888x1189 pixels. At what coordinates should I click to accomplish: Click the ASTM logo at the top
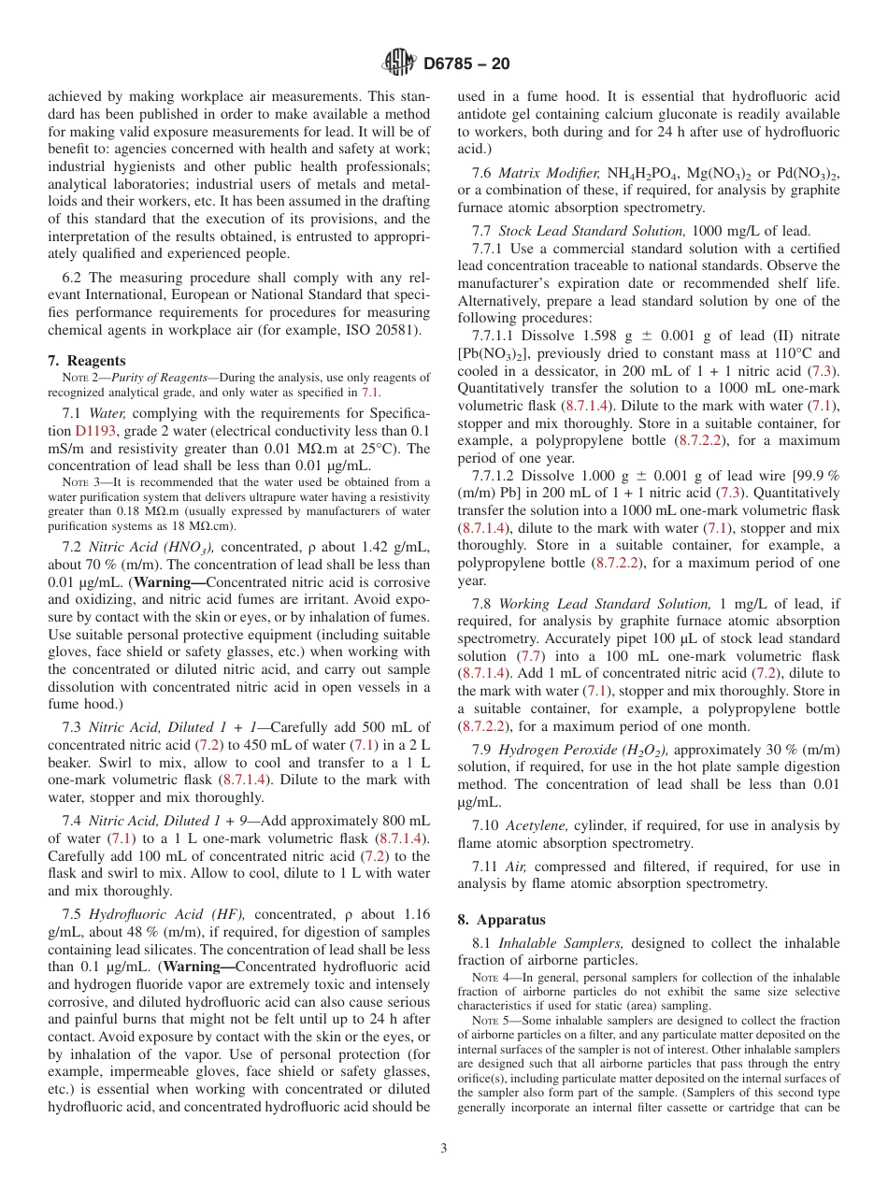(x=399, y=64)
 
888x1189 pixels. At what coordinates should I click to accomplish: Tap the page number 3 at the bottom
(x=444, y=1148)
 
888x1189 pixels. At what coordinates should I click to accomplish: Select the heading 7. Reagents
(x=86, y=361)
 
